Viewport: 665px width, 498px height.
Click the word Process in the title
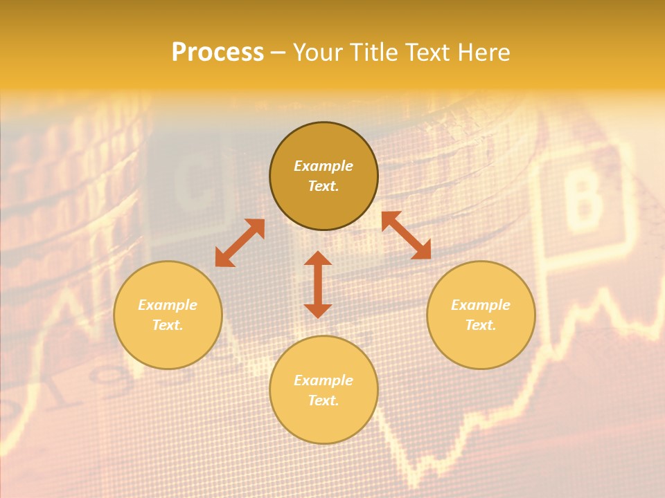(x=218, y=53)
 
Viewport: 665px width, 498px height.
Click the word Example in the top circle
(x=323, y=166)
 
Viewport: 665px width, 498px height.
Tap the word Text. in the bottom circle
(x=323, y=400)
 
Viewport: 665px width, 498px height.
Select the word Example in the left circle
(x=168, y=305)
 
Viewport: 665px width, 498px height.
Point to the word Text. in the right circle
(x=481, y=325)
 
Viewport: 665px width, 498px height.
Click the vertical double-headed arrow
(x=318, y=284)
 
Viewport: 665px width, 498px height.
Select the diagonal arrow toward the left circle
(x=240, y=243)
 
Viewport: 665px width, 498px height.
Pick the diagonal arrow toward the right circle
(x=406, y=235)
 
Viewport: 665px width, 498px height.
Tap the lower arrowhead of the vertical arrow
(x=318, y=311)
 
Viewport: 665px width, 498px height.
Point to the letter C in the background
(x=193, y=185)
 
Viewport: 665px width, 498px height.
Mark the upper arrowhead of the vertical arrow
(x=318, y=259)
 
